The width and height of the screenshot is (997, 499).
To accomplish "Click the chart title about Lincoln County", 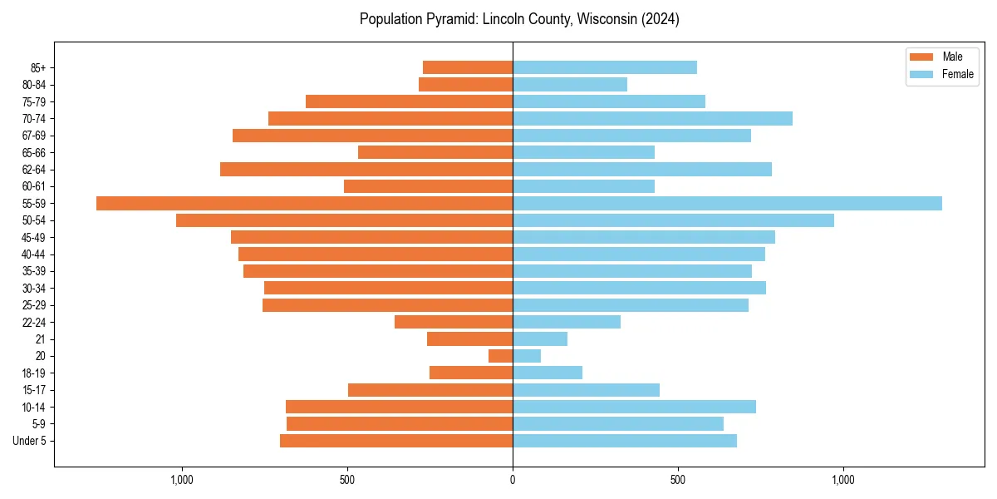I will point(519,19).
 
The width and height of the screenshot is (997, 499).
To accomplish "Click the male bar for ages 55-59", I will point(304,203).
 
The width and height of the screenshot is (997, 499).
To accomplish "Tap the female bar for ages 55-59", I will point(727,203).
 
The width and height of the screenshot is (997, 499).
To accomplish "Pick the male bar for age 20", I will point(500,356).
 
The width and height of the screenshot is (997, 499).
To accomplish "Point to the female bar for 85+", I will point(604,67).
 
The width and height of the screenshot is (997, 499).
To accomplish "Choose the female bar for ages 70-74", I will point(652,118).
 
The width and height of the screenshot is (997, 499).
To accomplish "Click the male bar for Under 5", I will point(396,441).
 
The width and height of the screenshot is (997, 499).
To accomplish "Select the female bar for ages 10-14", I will point(634,407).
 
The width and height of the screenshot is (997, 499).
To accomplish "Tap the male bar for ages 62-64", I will point(366,169).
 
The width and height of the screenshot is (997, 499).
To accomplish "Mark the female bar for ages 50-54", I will point(673,220).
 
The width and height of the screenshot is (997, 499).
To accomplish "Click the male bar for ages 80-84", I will point(465,84).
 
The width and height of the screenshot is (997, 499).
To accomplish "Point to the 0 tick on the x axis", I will point(513,480).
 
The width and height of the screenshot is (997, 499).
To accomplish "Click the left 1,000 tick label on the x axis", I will point(182,480).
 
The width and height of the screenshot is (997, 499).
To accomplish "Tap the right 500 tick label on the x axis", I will point(678,480).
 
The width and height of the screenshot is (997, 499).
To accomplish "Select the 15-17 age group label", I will point(34,390).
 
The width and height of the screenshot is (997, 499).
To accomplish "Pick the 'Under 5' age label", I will point(29,441).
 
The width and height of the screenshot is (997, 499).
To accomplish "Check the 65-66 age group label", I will point(34,152).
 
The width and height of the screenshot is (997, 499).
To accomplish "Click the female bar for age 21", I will point(540,338).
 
